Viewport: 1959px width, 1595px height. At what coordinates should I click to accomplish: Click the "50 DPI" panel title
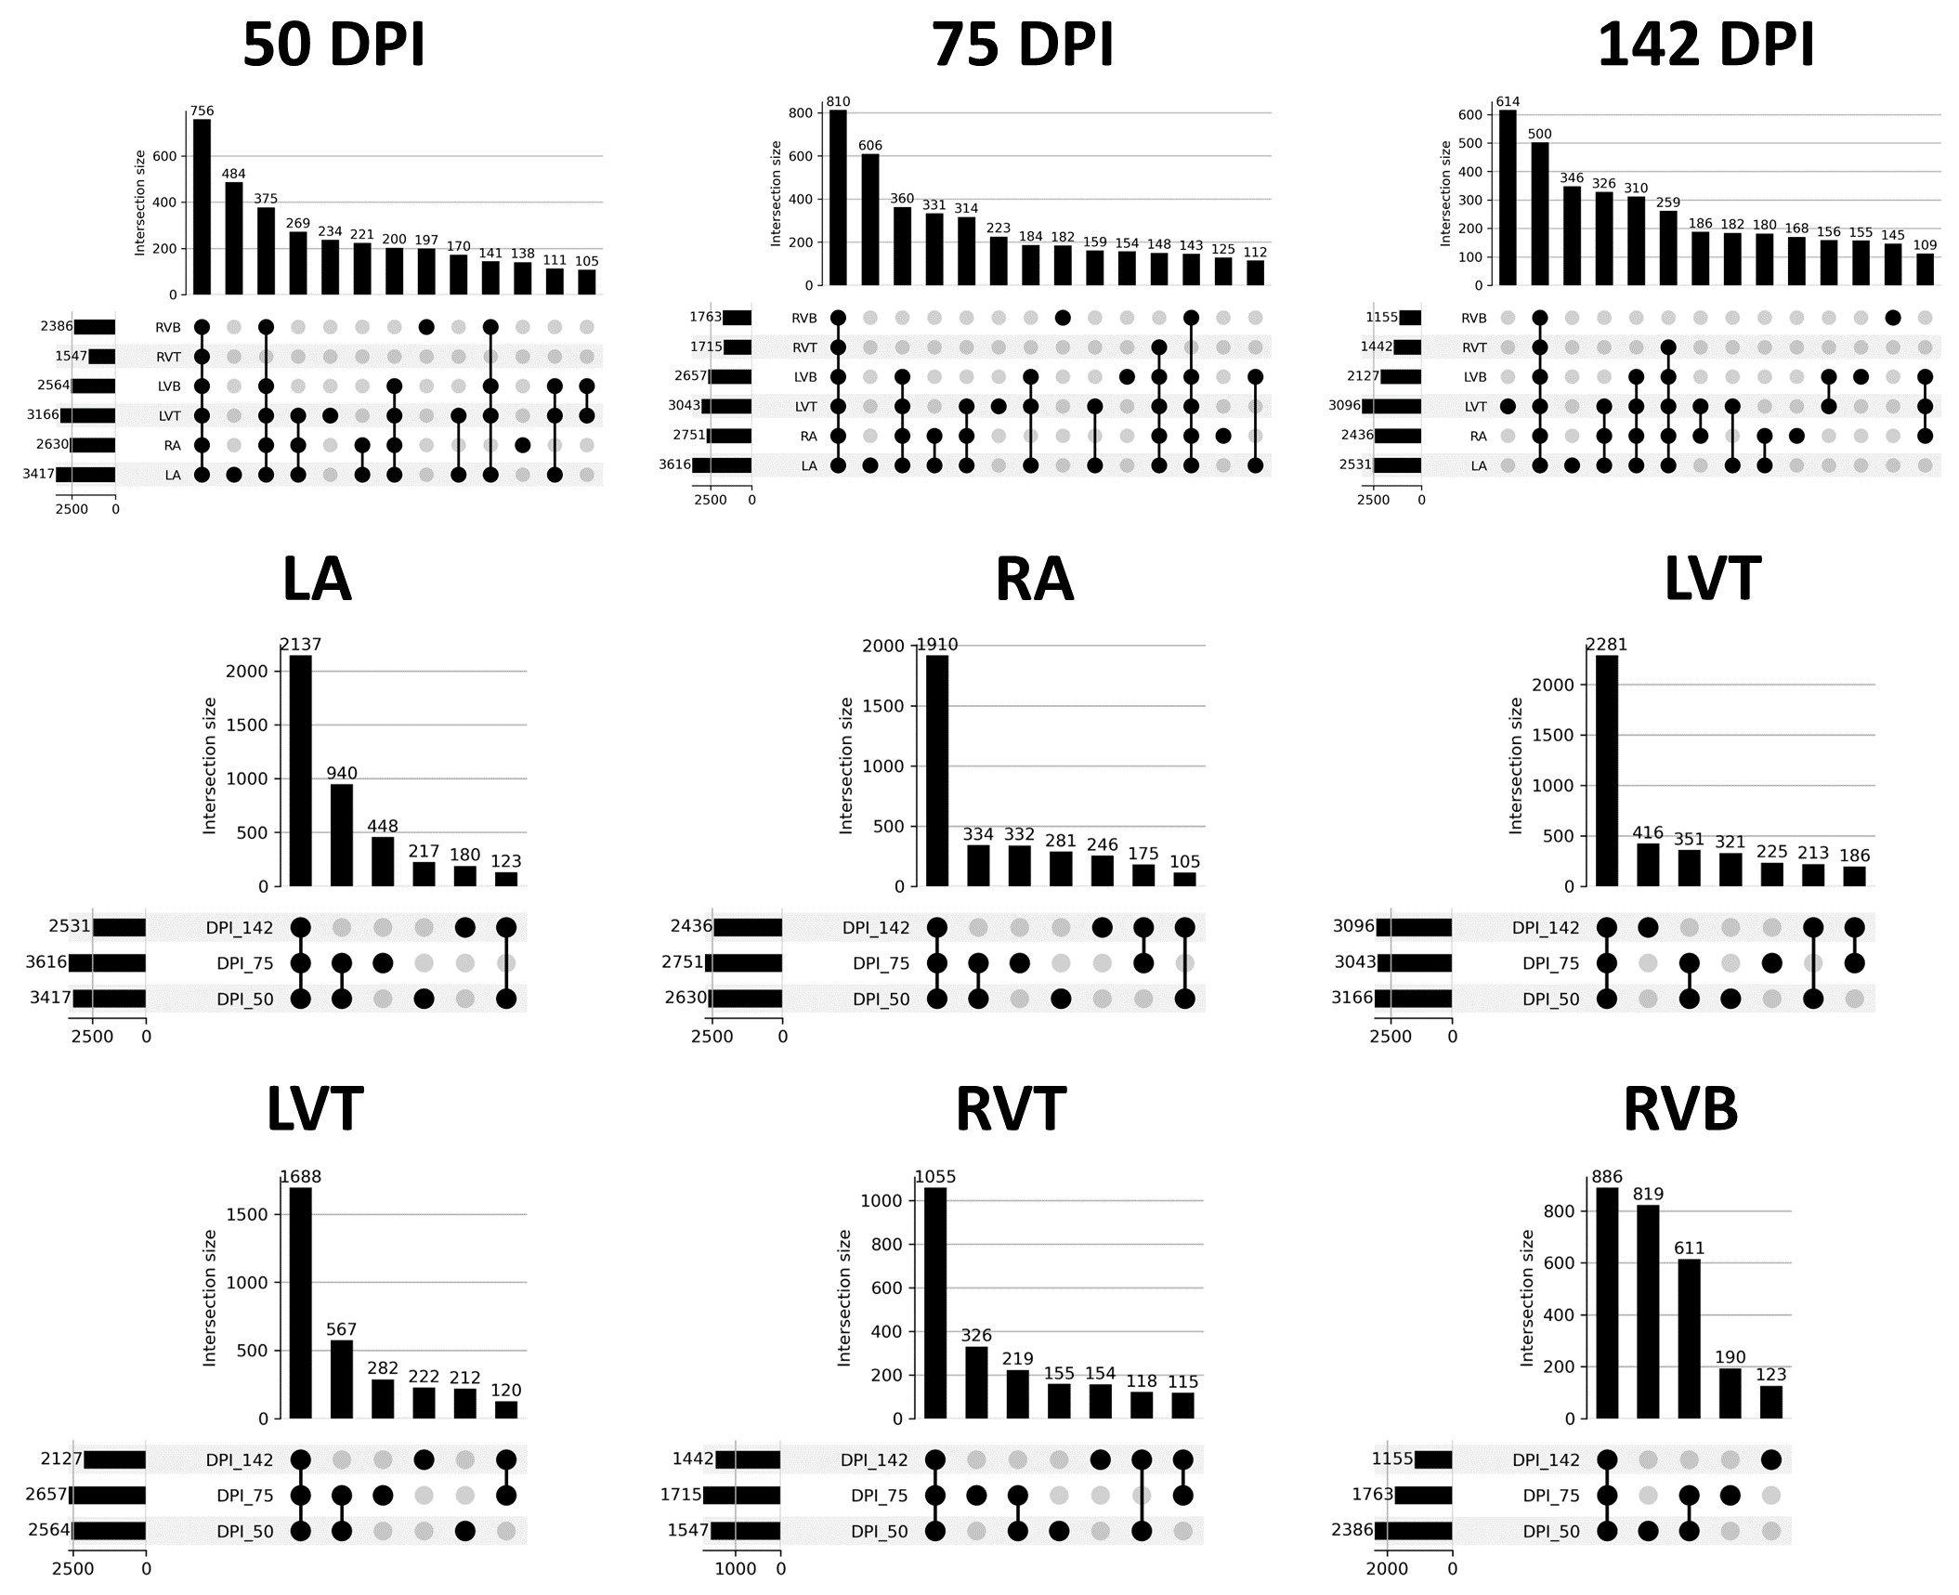coord(333,45)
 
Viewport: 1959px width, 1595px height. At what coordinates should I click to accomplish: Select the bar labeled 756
coord(202,206)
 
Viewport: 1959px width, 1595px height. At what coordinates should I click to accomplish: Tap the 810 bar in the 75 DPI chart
coord(838,197)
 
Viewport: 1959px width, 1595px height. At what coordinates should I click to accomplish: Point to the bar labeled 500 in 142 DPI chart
coord(1539,214)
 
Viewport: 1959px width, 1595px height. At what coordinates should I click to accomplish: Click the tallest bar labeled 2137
coord(300,771)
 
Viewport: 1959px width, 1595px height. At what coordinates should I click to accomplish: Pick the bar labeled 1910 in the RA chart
coord(937,771)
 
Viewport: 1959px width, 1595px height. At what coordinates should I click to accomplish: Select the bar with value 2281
coord(1606,771)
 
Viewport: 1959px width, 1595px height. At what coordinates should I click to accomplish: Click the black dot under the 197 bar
coord(426,327)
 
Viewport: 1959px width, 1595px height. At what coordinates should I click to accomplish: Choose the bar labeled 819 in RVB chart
coord(1648,1311)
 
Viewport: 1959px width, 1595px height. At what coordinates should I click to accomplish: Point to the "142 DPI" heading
coord(1705,45)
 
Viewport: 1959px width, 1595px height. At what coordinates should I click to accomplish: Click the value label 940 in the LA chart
coord(341,773)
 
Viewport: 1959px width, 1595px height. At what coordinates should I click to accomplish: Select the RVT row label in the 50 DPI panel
coord(168,357)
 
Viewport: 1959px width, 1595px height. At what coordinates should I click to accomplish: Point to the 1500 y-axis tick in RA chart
coord(882,706)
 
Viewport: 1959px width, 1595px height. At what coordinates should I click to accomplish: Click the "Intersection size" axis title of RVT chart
coord(843,1298)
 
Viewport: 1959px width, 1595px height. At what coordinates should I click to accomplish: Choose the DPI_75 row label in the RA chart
coord(881,963)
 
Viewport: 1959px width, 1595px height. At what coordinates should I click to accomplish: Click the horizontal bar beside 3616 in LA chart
coord(107,963)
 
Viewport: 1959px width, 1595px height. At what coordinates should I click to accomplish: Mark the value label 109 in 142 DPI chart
coord(1925,245)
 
